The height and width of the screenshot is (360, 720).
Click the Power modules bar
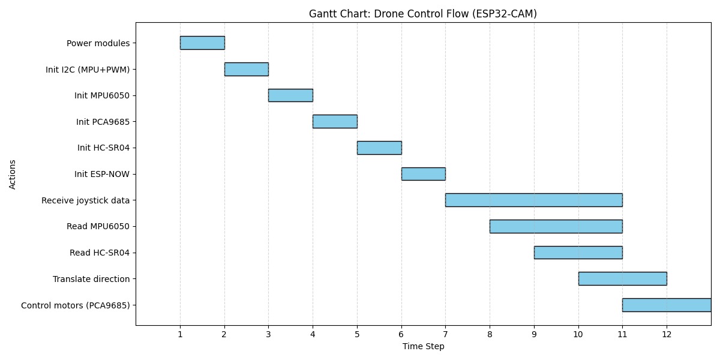pos(202,43)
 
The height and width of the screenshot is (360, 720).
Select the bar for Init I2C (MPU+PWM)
pos(246,69)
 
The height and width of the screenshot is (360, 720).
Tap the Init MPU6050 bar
pos(290,95)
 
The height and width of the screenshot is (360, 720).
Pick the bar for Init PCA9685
pos(335,121)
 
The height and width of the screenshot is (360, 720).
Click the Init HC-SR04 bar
pos(379,148)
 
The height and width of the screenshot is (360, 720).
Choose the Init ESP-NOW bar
pos(423,174)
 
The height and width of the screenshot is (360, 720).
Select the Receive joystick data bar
pos(533,200)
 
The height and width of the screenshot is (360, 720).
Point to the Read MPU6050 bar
pos(556,226)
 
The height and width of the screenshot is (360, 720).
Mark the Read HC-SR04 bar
pos(578,253)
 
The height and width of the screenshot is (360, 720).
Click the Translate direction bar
pos(622,278)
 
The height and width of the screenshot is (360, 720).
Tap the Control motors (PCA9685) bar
pos(666,305)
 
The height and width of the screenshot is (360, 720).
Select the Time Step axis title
pos(423,347)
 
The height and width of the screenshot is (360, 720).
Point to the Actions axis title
pos(13,174)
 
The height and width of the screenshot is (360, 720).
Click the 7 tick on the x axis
pos(445,334)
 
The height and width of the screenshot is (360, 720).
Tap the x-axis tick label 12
pos(666,334)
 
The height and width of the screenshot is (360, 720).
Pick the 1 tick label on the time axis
pos(180,334)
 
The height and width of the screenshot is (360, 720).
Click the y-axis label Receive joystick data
pos(85,200)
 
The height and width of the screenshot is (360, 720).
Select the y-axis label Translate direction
pos(91,279)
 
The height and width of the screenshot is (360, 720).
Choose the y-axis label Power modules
pos(98,43)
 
